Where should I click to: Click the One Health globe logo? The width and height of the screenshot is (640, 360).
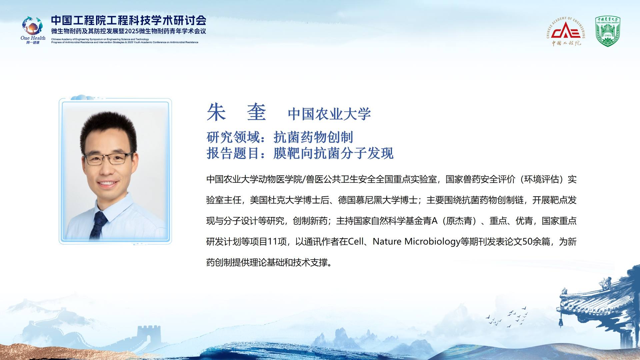[x=33, y=26]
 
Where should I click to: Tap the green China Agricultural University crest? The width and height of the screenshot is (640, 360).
[x=608, y=31]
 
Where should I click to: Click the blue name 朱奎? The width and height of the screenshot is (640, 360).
[x=236, y=112]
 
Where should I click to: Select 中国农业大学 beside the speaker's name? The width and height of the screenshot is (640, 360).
[x=329, y=114]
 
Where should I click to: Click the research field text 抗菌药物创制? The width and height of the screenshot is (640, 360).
[x=313, y=137]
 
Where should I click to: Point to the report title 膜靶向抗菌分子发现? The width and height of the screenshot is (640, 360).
[x=333, y=153]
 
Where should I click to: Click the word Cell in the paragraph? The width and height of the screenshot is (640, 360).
[x=356, y=241]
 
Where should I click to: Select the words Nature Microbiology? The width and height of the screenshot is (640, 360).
[x=416, y=241]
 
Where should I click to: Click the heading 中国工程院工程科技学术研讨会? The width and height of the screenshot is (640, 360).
[x=129, y=20]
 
